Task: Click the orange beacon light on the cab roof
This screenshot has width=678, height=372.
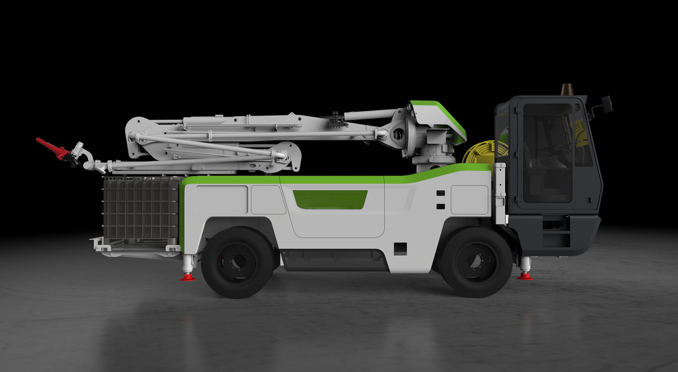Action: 567,89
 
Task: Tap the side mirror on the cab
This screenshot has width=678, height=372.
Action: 607,103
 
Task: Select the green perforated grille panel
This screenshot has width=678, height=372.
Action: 330,199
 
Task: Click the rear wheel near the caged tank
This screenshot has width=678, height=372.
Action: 237,262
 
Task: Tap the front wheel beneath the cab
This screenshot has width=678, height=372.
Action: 477,262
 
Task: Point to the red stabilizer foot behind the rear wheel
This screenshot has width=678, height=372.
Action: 188,277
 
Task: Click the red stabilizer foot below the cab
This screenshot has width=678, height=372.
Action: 524,276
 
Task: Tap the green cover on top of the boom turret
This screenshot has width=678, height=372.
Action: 438,116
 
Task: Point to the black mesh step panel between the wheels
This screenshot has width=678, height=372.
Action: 334,260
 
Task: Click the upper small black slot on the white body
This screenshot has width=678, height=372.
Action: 440,193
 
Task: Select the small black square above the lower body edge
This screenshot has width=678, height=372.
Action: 400,248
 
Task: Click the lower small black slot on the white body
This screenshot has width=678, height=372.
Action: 440,207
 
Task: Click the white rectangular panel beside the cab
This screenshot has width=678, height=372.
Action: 469,199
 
